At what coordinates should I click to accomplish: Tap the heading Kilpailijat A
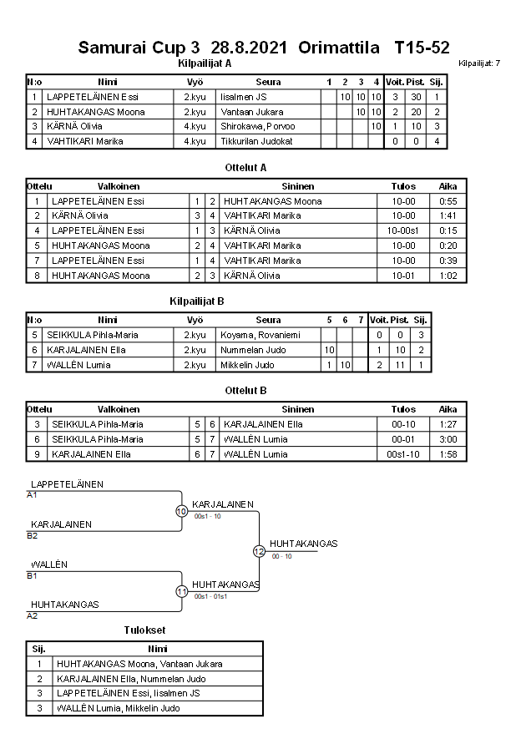[x=205, y=63]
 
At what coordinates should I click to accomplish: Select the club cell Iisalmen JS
[x=244, y=97]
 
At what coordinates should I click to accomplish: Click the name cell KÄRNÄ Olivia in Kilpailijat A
[x=74, y=126]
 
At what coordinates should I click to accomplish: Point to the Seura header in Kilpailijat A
[x=268, y=82]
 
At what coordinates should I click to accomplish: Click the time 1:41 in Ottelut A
[x=448, y=215]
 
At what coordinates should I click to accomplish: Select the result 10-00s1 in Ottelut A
[x=403, y=230]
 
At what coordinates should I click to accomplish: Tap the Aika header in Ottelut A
[x=448, y=186]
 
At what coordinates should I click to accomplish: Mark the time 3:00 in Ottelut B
[x=448, y=439]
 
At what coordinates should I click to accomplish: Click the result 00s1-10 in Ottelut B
[x=403, y=454]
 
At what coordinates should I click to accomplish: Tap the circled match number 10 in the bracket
[x=182, y=510]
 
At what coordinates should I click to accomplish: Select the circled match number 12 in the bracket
[x=259, y=551]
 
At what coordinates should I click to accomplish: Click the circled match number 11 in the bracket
[x=182, y=591]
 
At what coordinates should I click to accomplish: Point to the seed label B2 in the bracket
[x=33, y=535]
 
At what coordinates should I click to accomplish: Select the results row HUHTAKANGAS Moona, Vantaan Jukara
[x=139, y=664]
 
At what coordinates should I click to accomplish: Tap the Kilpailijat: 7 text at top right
[x=479, y=63]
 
